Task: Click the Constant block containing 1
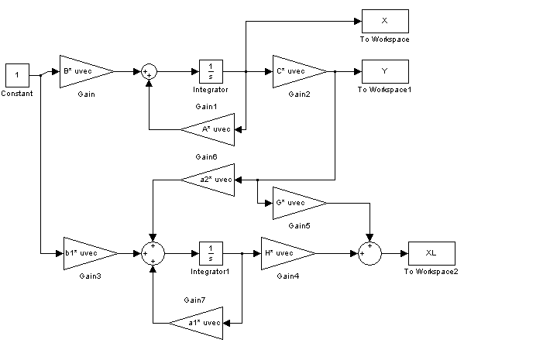(17, 75)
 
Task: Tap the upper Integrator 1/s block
(211, 71)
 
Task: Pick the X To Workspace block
(384, 21)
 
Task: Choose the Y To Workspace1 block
(384, 71)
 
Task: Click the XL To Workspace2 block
(431, 253)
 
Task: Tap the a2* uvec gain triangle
(211, 180)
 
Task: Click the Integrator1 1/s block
(211, 253)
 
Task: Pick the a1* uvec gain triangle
(200, 322)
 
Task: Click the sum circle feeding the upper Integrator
(150, 71)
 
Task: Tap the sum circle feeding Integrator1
(153, 253)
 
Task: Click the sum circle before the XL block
(370, 253)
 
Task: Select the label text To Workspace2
(431, 272)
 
